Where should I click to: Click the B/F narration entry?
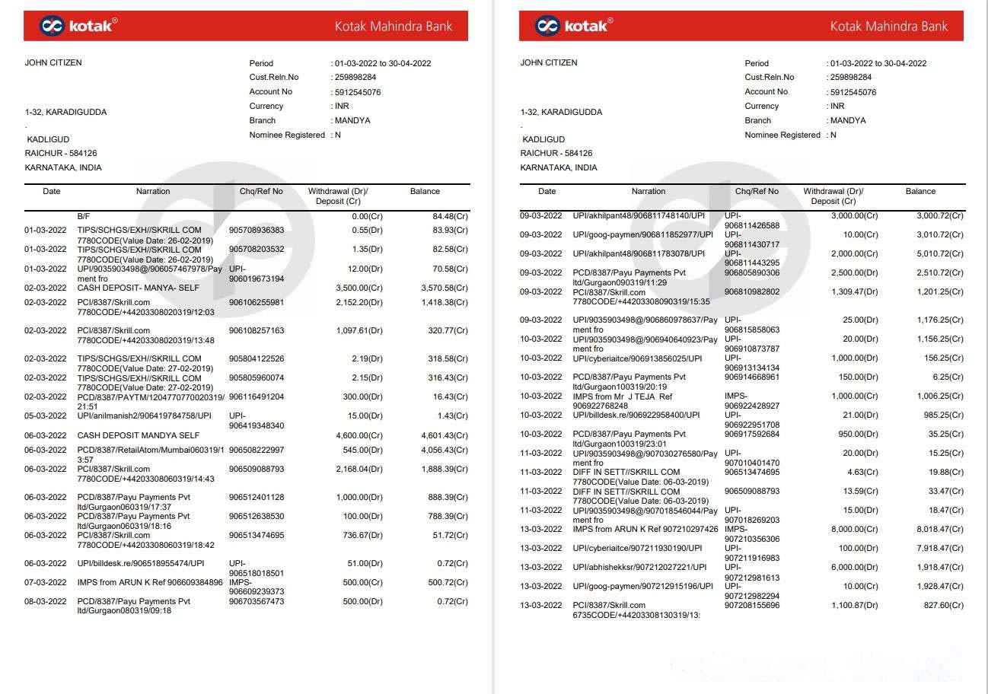(83, 216)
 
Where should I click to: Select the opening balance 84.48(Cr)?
(450, 216)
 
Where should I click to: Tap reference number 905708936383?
(257, 230)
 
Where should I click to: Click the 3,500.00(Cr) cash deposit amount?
(359, 288)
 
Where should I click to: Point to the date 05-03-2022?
(46, 415)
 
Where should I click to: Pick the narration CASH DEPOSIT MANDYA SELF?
(139, 435)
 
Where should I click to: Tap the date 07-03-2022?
(46, 582)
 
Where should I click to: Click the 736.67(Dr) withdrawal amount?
(362, 535)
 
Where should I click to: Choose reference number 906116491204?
(257, 396)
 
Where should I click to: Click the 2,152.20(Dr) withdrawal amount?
(359, 302)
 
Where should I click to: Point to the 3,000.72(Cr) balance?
(939, 215)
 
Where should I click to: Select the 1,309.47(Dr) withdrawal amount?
(855, 291)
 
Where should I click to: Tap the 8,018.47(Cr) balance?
(939, 529)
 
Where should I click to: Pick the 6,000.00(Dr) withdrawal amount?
(855, 567)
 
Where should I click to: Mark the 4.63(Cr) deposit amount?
(861, 472)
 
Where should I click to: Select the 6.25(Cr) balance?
(948, 377)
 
